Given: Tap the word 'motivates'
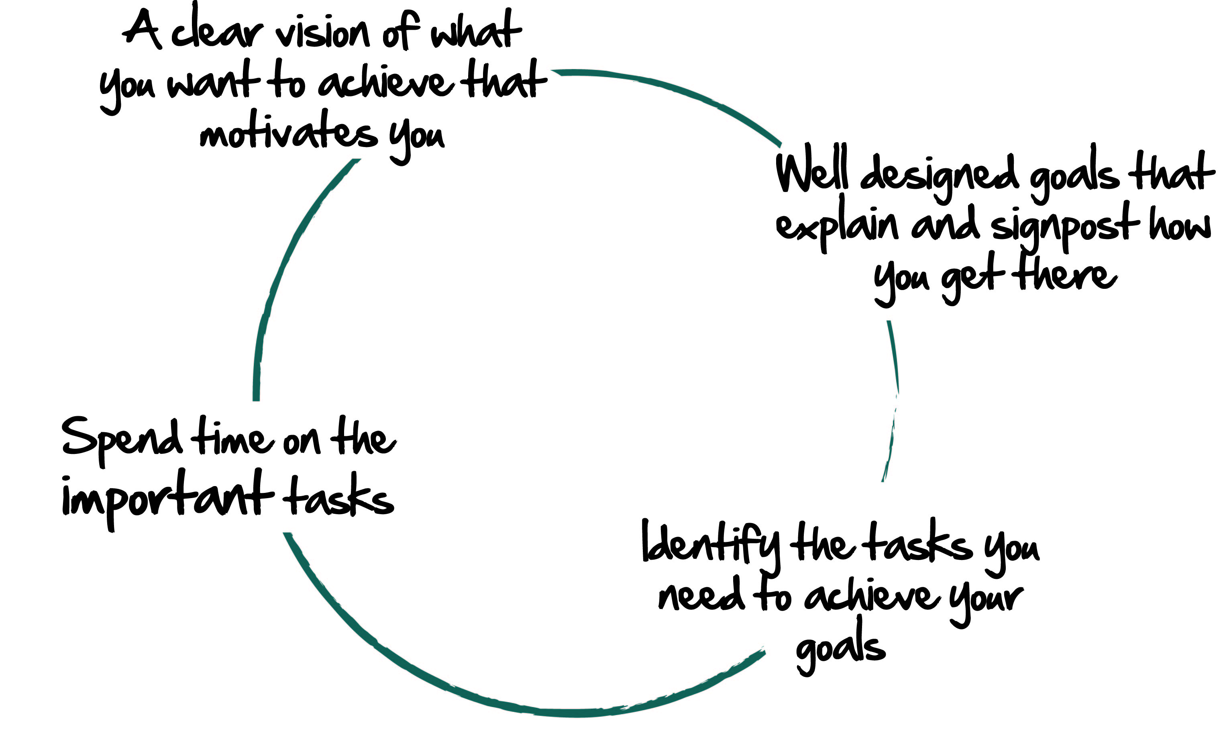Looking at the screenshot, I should click(x=288, y=132).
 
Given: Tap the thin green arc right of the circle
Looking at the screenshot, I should click(x=893, y=398).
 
